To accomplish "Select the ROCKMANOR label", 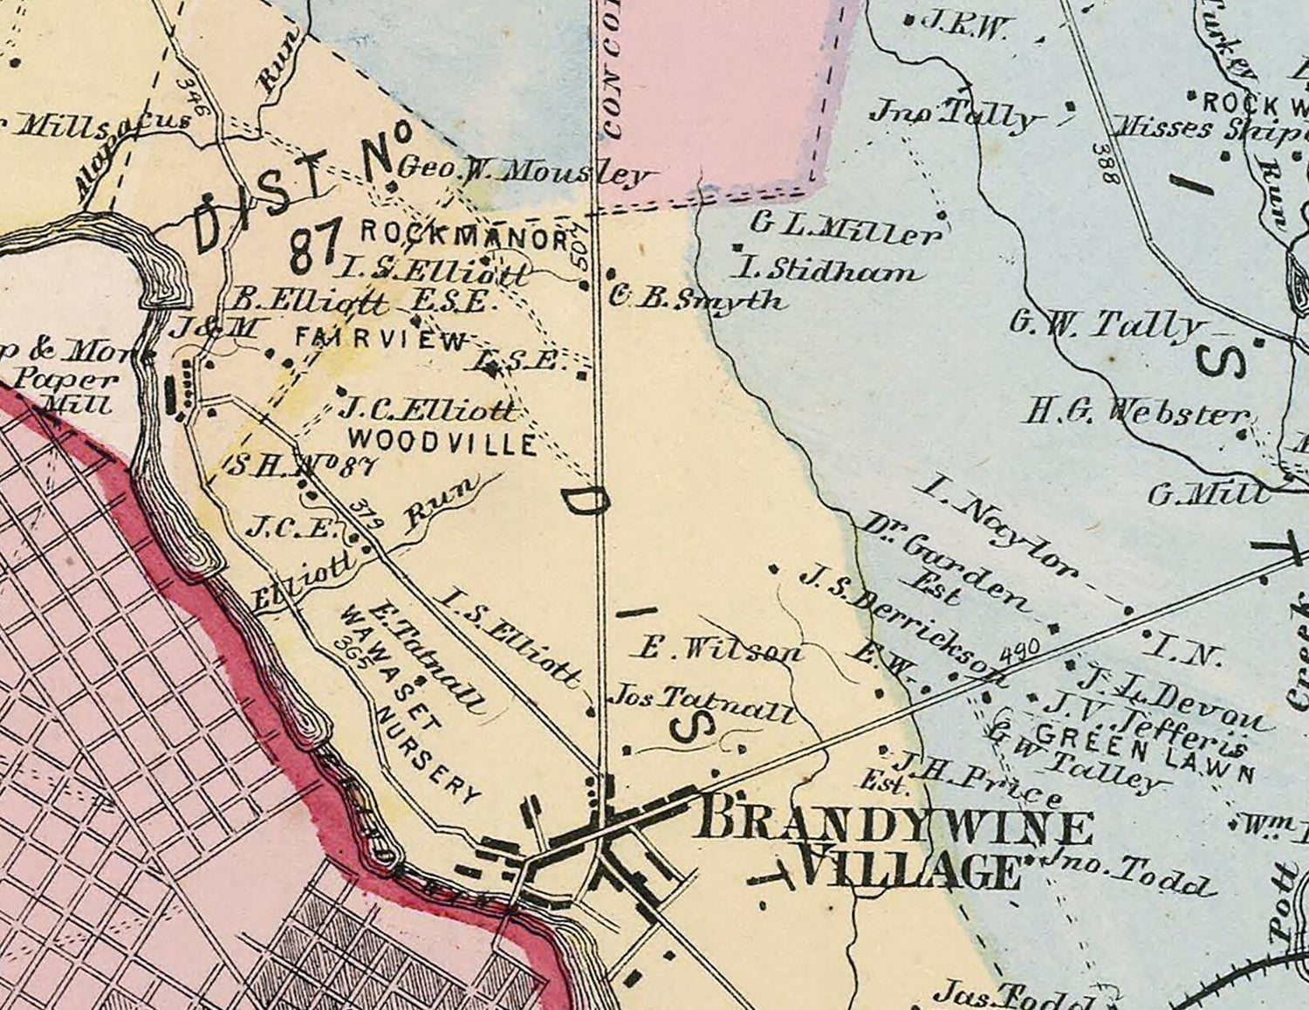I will tap(465, 234).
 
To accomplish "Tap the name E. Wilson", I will tap(720, 650).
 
